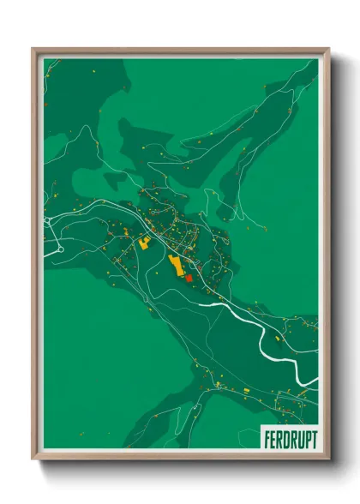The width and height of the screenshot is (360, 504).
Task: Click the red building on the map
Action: coord(189,277)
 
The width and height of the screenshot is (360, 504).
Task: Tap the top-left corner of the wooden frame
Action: coord(34,50)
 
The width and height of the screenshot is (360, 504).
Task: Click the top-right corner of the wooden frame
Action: coord(327,50)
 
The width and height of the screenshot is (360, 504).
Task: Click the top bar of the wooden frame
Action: coord(180,51)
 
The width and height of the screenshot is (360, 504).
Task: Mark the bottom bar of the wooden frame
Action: coord(180,457)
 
